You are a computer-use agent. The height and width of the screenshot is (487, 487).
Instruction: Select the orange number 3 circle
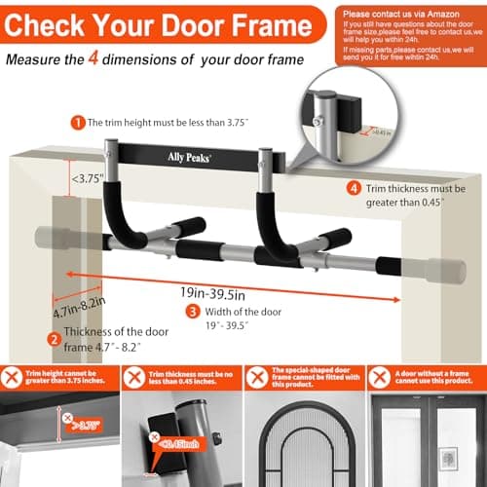[193, 312]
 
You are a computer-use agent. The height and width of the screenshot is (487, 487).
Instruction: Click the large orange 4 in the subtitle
[151, 58]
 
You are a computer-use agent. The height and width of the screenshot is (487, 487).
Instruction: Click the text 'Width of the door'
[241, 312]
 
